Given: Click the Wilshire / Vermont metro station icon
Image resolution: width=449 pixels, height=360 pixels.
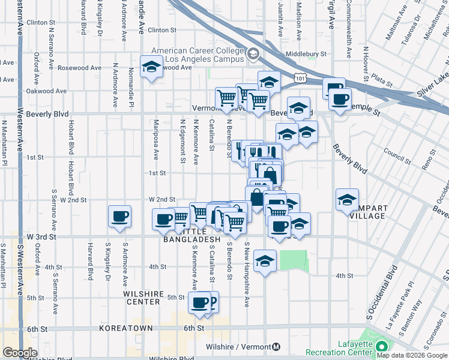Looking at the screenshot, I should click(x=276, y=347).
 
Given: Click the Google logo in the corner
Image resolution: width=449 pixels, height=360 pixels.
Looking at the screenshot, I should click(x=20, y=353).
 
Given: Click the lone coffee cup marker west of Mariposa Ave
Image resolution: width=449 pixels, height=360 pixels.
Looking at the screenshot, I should click(x=119, y=216).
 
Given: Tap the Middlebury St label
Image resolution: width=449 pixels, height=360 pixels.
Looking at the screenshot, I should click(x=306, y=53).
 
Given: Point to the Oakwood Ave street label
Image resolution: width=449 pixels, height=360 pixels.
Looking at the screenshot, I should click(x=46, y=91).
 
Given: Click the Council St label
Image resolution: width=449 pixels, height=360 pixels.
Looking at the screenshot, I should click(x=397, y=153).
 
